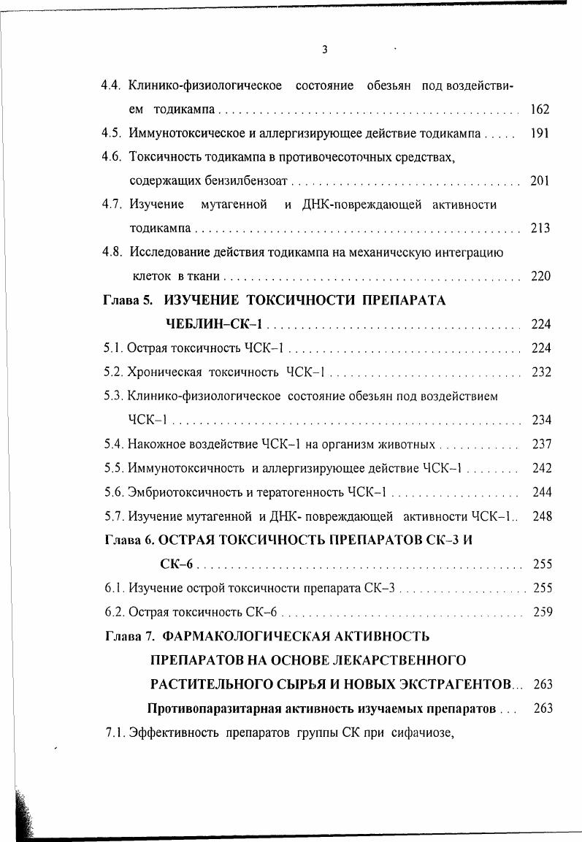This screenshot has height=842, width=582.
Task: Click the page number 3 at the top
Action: [x=324, y=50]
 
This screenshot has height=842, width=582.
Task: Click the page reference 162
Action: [x=540, y=110]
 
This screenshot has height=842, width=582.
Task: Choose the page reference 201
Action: [x=540, y=180]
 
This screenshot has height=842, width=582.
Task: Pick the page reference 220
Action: [x=540, y=276]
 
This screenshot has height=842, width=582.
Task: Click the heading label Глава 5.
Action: [x=129, y=300]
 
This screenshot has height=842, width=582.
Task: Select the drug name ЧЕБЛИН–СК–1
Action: [x=215, y=324]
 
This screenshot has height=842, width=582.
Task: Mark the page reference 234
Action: [x=541, y=419]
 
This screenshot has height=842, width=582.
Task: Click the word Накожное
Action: [x=155, y=443]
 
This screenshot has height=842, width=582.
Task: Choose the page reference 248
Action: [x=542, y=516]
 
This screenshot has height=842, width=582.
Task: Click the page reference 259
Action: [x=542, y=611]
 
